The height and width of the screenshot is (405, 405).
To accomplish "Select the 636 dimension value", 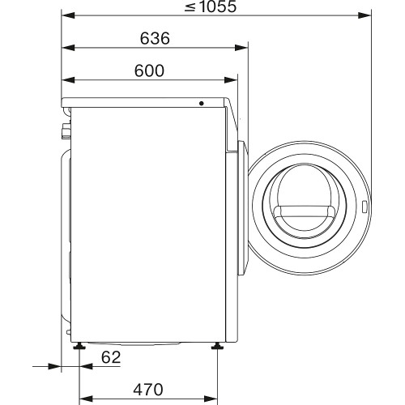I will [x=154, y=39].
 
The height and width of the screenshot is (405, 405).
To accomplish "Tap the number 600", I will [x=149, y=71].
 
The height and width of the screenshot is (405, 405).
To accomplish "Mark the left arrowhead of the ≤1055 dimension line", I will [x=66, y=15].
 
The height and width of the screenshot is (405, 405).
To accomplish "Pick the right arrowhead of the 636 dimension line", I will [x=244, y=48].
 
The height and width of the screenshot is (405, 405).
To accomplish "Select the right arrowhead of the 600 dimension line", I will [x=233, y=80].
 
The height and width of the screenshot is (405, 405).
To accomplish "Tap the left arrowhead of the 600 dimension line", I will [x=66, y=80].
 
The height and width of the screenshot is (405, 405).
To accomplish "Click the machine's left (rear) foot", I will [x=79, y=347].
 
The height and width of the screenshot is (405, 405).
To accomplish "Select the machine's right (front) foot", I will [x=218, y=347].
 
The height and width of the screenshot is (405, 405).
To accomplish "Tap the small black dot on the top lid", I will [x=202, y=104].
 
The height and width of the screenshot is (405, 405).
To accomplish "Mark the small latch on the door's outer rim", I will [x=367, y=208].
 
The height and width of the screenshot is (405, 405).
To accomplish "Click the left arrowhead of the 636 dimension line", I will [x=66, y=48].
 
